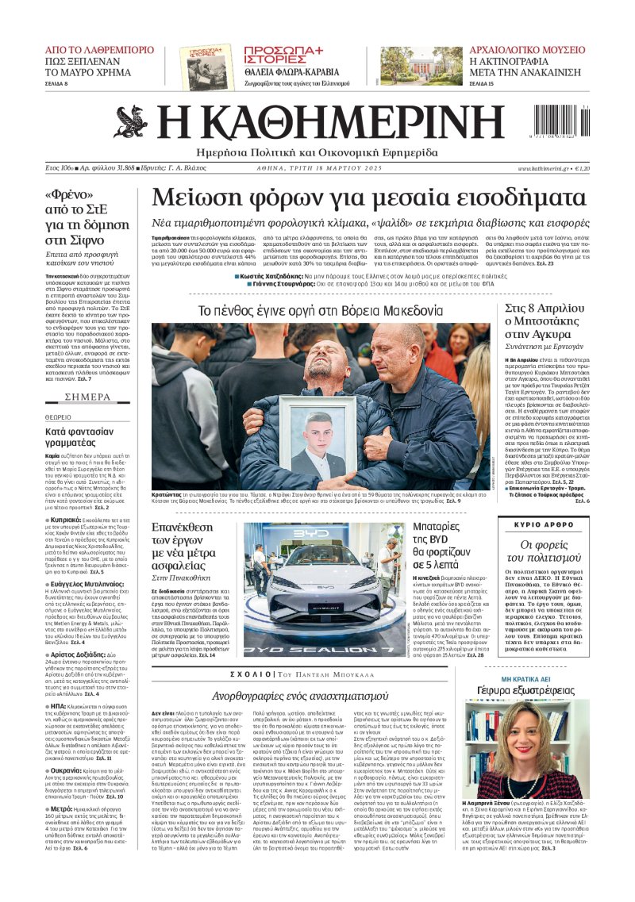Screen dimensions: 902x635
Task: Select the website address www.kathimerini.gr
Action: click(x=547, y=168)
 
